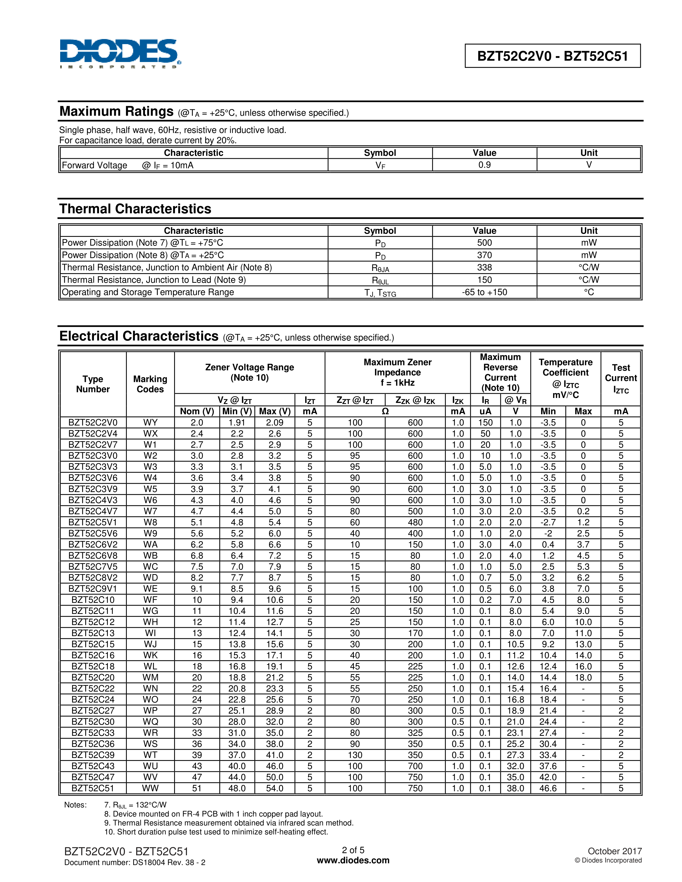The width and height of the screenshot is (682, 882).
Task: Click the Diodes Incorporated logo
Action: click(120, 53)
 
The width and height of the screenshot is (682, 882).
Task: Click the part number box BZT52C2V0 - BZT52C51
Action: click(552, 56)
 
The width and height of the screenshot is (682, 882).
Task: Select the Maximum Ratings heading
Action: click(116, 111)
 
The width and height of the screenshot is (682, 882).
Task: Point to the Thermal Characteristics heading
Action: click(135, 209)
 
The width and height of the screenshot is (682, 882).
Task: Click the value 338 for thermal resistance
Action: click(484, 267)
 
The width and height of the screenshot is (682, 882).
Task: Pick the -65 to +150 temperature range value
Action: click(484, 292)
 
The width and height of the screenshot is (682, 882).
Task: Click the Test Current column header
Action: click(620, 378)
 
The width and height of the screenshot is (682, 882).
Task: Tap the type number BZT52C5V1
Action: click(93, 522)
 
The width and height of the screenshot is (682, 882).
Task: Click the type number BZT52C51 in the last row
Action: click(93, 788)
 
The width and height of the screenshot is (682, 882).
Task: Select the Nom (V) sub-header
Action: click(197, 411)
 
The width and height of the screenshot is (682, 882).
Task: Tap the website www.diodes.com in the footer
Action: click(353, 860)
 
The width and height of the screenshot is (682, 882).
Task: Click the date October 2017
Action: click(615, 851)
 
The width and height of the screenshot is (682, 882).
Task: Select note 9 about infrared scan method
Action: click(229, 823)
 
